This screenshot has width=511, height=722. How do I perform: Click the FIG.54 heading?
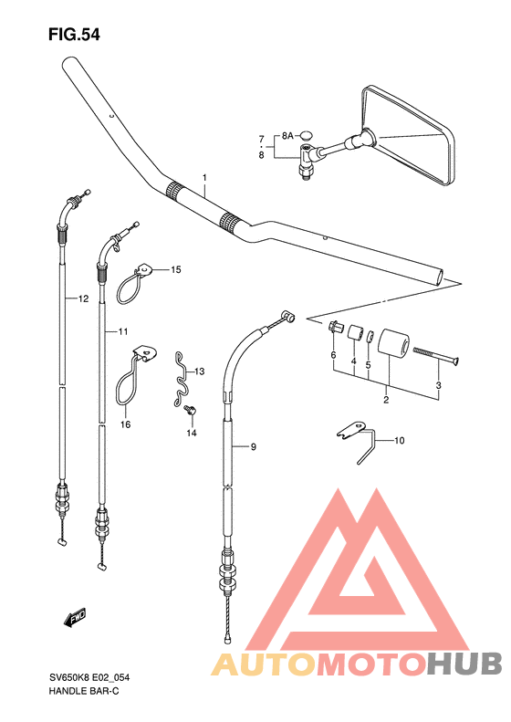[74, 35]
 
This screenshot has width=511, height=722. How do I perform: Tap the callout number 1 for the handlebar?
[204, 178]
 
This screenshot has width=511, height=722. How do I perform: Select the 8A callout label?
[287, 136]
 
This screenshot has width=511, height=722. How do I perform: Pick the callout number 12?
[83, 298]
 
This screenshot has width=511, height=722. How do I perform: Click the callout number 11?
[123, 331]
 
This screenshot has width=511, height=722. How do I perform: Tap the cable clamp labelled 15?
[132, 284]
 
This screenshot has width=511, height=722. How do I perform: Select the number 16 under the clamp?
[126, 424]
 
